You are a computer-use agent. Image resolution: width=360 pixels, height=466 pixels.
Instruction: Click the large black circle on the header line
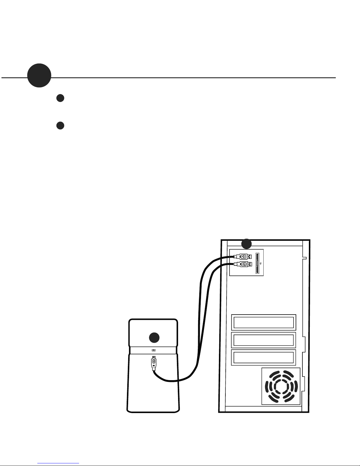(x=39, y=75)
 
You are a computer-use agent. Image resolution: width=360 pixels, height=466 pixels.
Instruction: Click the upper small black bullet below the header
(x=60, y=98)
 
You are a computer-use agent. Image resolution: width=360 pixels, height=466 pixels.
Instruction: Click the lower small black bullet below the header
(x=60, y=125)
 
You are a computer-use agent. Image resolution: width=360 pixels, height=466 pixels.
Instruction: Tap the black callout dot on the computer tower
(x=247, y=244)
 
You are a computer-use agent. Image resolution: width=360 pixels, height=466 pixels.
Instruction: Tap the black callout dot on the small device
(x=154, y=338)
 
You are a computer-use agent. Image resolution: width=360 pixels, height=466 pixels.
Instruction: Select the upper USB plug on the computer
(x=242, y=256)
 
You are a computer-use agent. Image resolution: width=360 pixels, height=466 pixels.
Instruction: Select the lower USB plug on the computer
(x=242, y=264)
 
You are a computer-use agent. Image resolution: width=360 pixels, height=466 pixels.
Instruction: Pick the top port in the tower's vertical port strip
(x=257, y=256)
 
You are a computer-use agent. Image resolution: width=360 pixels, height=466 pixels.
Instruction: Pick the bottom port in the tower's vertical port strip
(x=257, y=270)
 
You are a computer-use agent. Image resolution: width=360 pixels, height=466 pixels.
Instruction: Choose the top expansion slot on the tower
(x=264, y=322)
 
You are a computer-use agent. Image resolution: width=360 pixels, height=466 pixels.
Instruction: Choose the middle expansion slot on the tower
(x=264, y=340)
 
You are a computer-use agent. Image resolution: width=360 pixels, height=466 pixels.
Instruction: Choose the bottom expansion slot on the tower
(x=264, y=357)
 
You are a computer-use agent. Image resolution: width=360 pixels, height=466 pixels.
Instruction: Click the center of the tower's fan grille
(x=281, y=386)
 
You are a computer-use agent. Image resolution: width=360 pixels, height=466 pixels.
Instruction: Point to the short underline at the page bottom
(x=58, y=463)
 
